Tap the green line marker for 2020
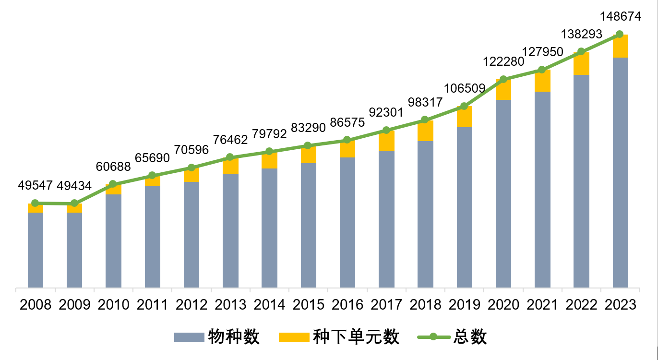pyautogui.click(x=503, y=79)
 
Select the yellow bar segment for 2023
pyautogui.click(x=621, y=46)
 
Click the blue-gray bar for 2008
pyautogui.click(x=36, y=250)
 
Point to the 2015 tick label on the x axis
pyautogui.click(x=309, y=304)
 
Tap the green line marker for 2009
pyautogui.click(x=74, y=204)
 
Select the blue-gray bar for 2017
pyautogui.click(x=386, y=219)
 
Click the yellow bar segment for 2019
pyautogui.click(x=465, y=117)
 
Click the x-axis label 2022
pyautogui.click(x=581, y=304)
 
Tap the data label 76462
pyautogui.click(x=231, y=140)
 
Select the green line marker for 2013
pyautogui.click(x=230, y=157)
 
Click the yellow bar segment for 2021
pyautogui.click(x=542, y=81)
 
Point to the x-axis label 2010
pyautogui.click(x=113, y=304)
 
